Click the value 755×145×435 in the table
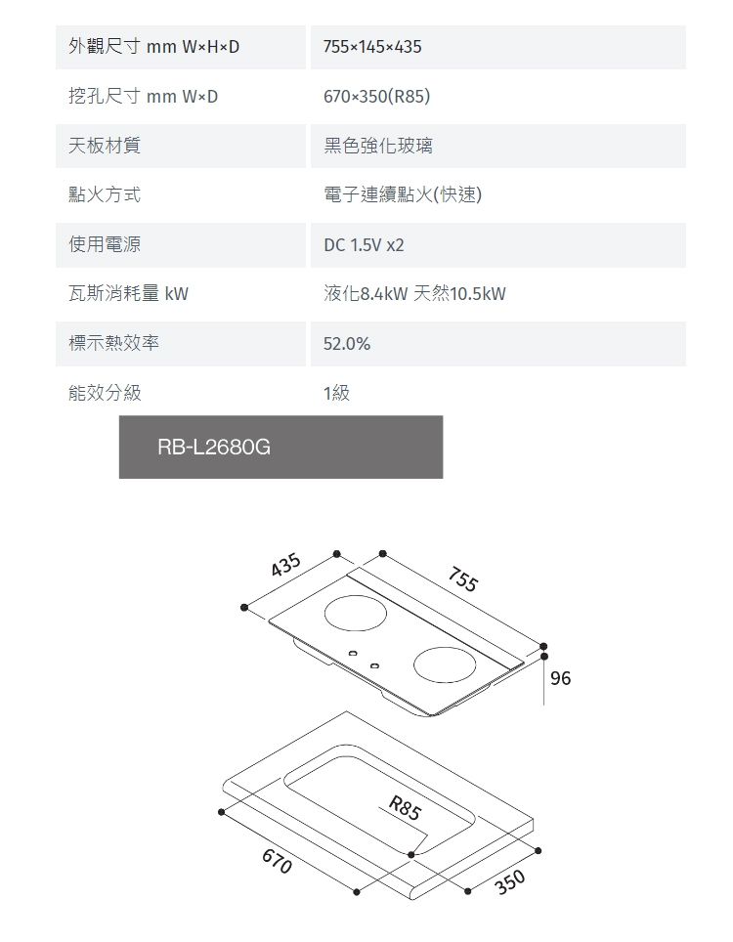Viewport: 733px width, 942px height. (372, 47)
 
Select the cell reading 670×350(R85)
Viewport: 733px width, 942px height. (376, 97)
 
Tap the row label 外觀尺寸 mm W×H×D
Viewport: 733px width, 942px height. (153, 47)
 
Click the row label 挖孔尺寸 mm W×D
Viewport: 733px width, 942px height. (143, 97)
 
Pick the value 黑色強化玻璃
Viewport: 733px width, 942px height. (378, 146)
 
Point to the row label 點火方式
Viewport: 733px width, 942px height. (105, 194)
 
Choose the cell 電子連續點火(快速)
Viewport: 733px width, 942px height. (403, 194)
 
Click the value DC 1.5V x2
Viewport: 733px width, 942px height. (364, 245)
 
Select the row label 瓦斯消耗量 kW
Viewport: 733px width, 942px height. (128, 294)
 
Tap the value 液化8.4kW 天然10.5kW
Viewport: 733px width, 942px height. (414, 294)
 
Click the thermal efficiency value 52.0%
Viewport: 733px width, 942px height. (347, 344)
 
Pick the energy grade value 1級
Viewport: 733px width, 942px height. (336, 393)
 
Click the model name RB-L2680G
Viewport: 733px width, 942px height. (214, 448)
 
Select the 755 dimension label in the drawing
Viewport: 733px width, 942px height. (463, 578)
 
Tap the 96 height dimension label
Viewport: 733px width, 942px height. (560, 678)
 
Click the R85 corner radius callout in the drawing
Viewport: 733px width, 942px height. (405, 809)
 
